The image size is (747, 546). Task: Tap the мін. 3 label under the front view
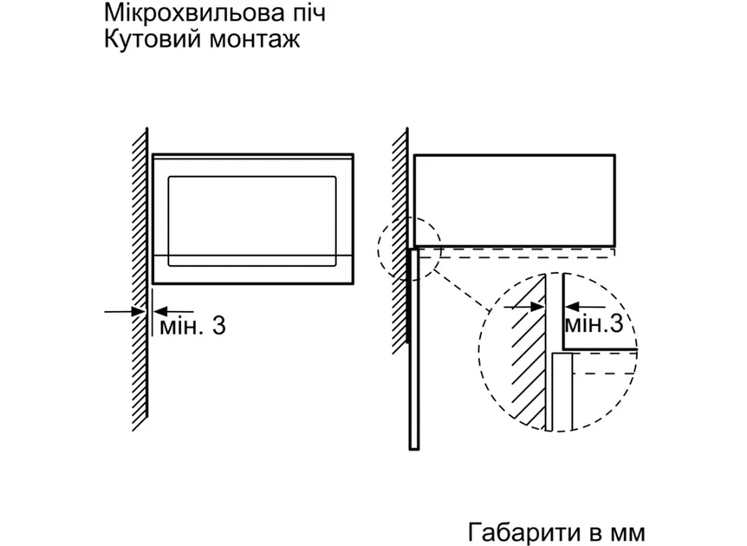tap(192, 326)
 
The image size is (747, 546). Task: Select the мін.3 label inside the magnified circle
tap(594, 324)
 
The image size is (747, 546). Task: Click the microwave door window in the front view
tap(252, 221)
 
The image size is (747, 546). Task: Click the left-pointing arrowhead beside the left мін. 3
tap(160, 312)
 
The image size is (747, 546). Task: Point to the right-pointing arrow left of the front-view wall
tap(125, 312)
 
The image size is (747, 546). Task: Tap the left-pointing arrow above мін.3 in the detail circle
tap(585, 307)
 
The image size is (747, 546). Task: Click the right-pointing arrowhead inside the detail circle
tap(537, 307)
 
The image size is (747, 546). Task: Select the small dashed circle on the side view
tap(409, 248)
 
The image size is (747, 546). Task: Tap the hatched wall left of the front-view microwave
tap(140, 280)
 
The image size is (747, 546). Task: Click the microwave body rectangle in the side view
tap(515, 200)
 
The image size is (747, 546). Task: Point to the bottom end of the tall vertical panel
tap(414, 449)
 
